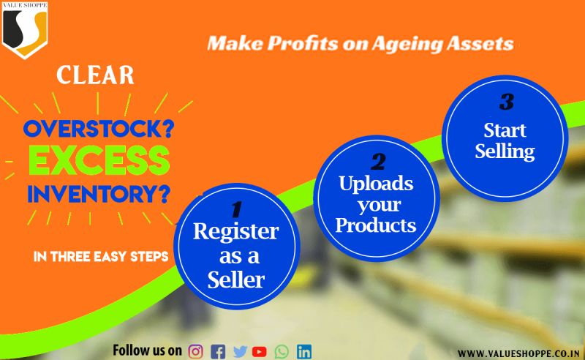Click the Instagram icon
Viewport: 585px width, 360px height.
195,352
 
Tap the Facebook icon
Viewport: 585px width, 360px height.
218,352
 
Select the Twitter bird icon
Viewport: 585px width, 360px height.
241,352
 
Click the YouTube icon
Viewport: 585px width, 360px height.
260,352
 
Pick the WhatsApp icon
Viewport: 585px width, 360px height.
282,352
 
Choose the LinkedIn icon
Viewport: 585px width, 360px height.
304,352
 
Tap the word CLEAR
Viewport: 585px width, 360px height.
95,75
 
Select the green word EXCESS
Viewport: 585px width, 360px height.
99,161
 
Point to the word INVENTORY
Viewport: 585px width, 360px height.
94,194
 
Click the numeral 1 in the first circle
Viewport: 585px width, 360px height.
236,209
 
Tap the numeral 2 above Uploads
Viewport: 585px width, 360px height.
378,162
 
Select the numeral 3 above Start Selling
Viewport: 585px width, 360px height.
507,101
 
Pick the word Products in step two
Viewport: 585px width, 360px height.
376,225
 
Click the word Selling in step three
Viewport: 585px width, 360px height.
505,151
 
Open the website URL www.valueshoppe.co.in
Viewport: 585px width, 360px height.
518,353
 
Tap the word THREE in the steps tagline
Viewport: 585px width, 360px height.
70,257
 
